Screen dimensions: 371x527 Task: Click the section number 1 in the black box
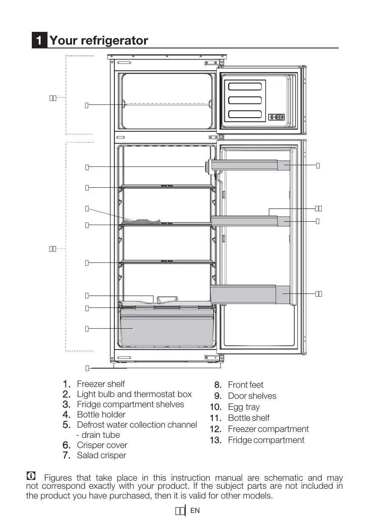click(x=39, y=41)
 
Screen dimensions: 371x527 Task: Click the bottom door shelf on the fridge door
click(x=250, y=294)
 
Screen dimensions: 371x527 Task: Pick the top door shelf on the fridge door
click(x=250, y=165)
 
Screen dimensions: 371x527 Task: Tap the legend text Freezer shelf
click(x=101, y=384)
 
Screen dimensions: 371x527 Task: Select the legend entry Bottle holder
click(x=101, y=414)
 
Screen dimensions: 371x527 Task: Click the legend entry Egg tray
click(x=244, y=407)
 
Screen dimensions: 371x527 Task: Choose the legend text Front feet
click(x=245, y=385)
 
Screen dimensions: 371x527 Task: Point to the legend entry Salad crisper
click(x=102, y=455)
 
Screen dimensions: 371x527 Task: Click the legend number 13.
click(x=215, y=440)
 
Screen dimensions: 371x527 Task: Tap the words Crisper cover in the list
click(x=102, y=445)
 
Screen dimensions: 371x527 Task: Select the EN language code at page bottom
click(x=195, y=511)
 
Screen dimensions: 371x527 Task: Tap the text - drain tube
click(x=98, y=435)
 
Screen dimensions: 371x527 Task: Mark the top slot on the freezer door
click(x=245, y=87)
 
